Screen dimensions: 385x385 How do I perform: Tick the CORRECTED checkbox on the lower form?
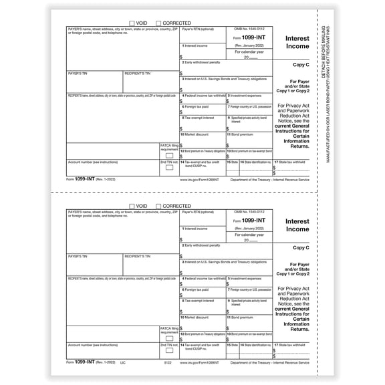tap(158, 207)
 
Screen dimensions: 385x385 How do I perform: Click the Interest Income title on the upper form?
tap(297, 43)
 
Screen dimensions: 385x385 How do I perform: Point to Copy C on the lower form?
tap(301, 247)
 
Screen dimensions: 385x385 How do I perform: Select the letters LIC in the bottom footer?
tap(122, 362)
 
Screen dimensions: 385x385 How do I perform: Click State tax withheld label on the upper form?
tap(289, 161)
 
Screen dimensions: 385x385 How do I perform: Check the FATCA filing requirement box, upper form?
tap(169, 155)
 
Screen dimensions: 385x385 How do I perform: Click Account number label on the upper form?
tap(93, 161)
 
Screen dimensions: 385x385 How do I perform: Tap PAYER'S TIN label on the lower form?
tap(78, 256)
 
